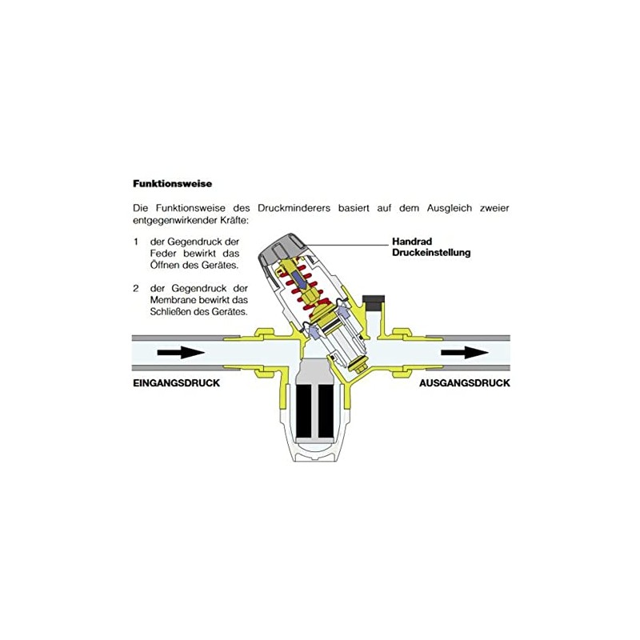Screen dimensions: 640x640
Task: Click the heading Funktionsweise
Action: point(172,184)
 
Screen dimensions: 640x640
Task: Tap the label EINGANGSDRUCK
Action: point(176,383)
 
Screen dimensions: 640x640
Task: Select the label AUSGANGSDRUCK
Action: point(465,383)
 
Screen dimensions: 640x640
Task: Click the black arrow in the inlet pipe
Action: point(181,353)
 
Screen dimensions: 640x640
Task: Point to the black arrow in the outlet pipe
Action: point(465,353)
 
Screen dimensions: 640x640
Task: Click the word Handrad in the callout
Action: point(412,242)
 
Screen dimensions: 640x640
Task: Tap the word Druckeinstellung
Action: point(431,253)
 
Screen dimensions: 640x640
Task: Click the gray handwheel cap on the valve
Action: point(282,249)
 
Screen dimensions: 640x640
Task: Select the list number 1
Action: point(136,242)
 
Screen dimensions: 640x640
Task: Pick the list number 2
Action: point(136,289)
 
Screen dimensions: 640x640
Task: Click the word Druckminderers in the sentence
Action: point(294,208)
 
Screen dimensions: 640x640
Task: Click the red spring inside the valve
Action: point(303,286)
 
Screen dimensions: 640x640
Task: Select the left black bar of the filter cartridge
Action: point(305,411)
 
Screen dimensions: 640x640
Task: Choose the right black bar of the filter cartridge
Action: point(326,411)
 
